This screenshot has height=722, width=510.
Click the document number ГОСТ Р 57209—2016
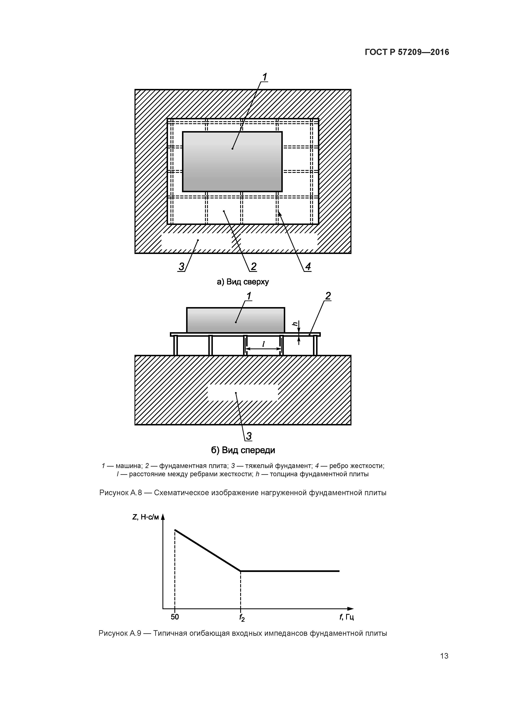[x=407, y=52]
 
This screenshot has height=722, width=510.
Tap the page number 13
[x=444, y=656]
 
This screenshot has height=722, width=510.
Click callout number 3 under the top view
[x=181, y=267]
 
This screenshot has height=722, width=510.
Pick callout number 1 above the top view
[x=265, y=77]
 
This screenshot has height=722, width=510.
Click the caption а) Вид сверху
[x=243, y=282]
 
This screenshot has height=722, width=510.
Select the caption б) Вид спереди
[x=243, y=450]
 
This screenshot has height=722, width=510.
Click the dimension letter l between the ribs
[x=263, y=344]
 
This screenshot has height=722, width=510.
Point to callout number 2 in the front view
[x=328, y=296]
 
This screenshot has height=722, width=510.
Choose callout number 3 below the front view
[x=249, y=436]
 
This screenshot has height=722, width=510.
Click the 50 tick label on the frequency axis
[x=175, y=617]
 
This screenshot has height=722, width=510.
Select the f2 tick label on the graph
[x=242, y=618]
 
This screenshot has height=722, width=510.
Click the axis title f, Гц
[x=347, y=617]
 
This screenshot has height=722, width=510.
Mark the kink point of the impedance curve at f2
[x=240, y=571]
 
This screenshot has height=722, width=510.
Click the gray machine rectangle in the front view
[x=236, y=320]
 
